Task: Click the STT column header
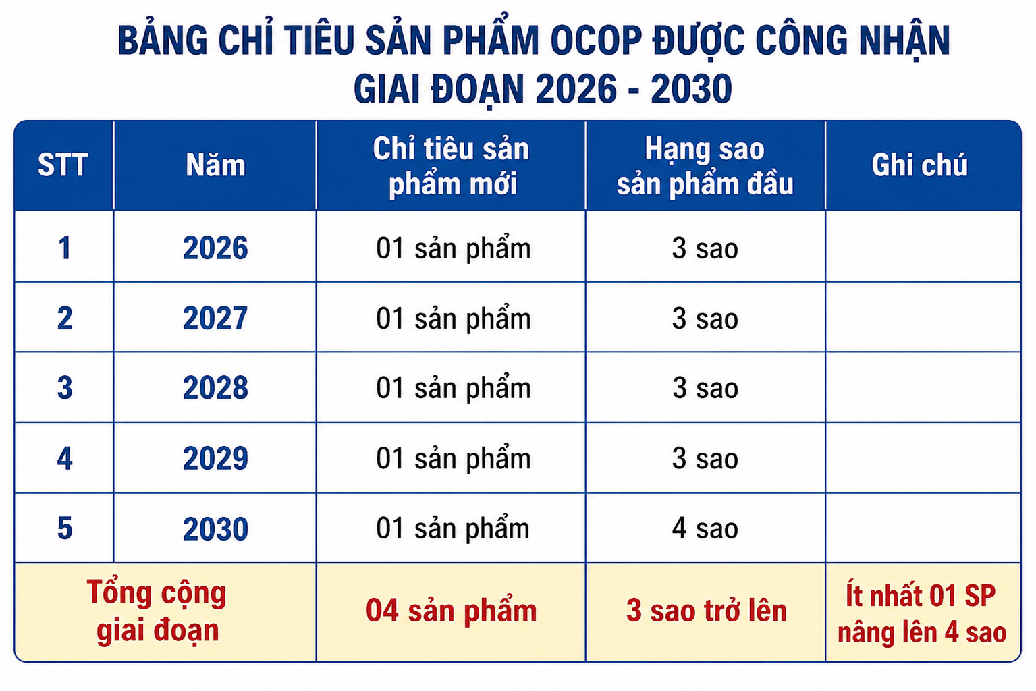point(63,165)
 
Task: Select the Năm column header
point(215,165)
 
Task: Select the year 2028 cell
point(215,387)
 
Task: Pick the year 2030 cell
point(215,528)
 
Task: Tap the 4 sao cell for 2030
point(705,528)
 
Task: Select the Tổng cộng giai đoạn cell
point(157,611)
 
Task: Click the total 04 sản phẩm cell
point(452,611)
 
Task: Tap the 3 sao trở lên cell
point(706,611)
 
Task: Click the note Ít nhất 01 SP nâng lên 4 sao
point(922,613)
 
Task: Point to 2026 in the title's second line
point(576,88)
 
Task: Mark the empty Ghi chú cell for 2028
point(923,387)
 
